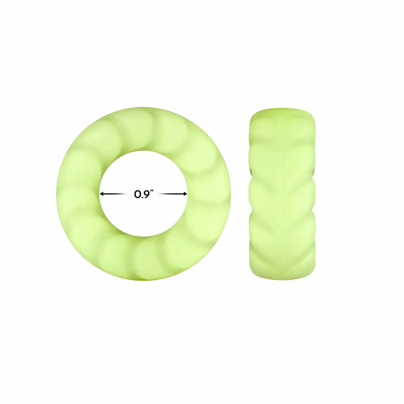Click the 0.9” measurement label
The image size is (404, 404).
[143, 194]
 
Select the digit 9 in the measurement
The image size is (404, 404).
[145, 194]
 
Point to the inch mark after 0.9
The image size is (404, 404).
[151, 192]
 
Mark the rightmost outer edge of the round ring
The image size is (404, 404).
[230, 194]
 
